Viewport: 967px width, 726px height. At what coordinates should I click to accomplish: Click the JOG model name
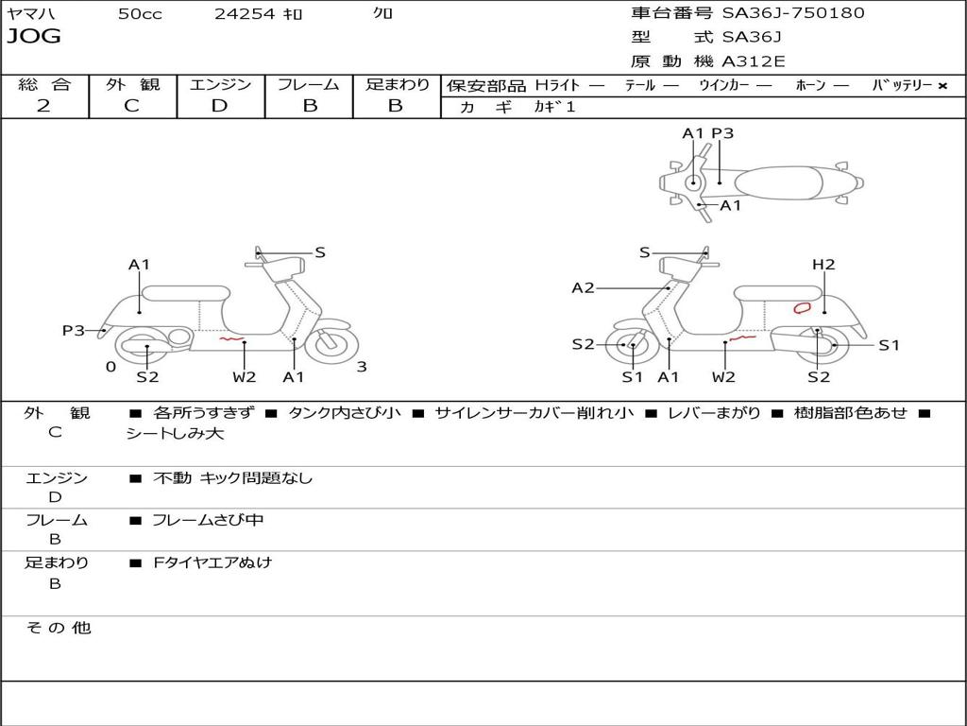33,37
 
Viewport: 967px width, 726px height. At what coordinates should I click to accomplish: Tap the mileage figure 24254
244,14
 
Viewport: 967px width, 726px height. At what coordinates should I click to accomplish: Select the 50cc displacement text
140,14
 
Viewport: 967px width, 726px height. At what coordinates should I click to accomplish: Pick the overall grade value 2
43,106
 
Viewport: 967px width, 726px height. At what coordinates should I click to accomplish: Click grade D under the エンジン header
219,106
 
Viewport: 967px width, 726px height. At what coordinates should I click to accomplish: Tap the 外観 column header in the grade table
132,85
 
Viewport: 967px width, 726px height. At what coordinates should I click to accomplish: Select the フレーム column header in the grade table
309,85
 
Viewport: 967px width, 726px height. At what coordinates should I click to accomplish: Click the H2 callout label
823,265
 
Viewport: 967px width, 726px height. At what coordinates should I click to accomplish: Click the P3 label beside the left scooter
74,330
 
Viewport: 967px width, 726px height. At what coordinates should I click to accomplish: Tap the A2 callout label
583,287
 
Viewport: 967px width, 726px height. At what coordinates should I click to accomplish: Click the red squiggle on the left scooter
231,337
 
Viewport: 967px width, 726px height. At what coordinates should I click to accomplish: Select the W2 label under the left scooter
245,377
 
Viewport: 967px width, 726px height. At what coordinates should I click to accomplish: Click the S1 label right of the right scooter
889,345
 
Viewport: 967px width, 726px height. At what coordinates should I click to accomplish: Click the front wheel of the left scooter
327,344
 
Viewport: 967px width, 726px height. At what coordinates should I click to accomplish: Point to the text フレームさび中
208,520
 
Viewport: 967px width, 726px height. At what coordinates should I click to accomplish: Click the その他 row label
58,628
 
